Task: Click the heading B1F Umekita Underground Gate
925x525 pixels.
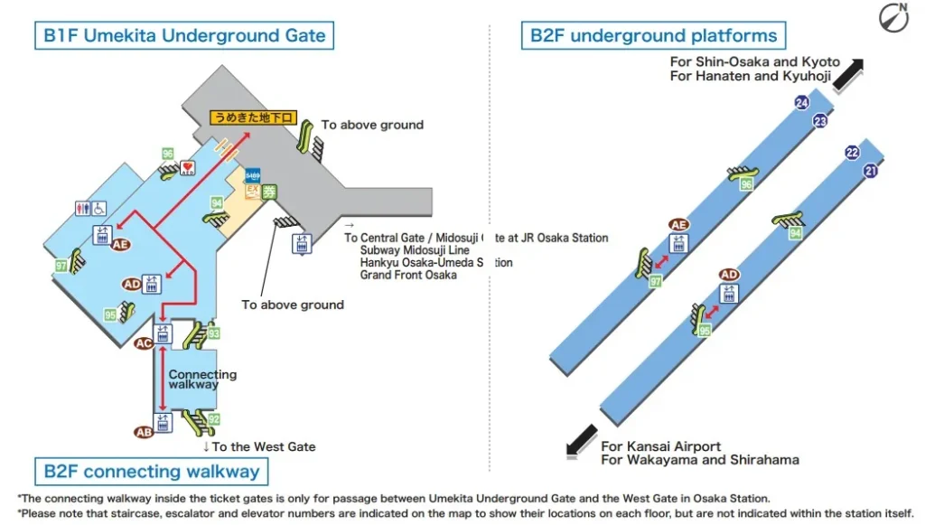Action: (x=184, y=36)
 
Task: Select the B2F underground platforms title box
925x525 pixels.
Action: (x=653, y=36)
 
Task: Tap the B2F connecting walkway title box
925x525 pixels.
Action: (x=151, y=471)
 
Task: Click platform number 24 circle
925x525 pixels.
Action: (x=801, y=103)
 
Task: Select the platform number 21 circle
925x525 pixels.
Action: (x=871, y=170)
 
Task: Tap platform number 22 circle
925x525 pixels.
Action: (x=852, y=153)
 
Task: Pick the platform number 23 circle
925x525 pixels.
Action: (x=820, y=120)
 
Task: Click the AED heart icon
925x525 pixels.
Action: (x=188, y=167)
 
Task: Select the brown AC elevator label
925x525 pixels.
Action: (x=143, y=343)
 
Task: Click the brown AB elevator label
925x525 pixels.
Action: (x=143, y=432)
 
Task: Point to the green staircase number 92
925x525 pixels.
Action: (x=214, y=419)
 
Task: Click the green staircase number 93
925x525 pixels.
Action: (x=213, y=333)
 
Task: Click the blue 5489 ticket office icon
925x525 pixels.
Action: (x=253, y=175)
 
